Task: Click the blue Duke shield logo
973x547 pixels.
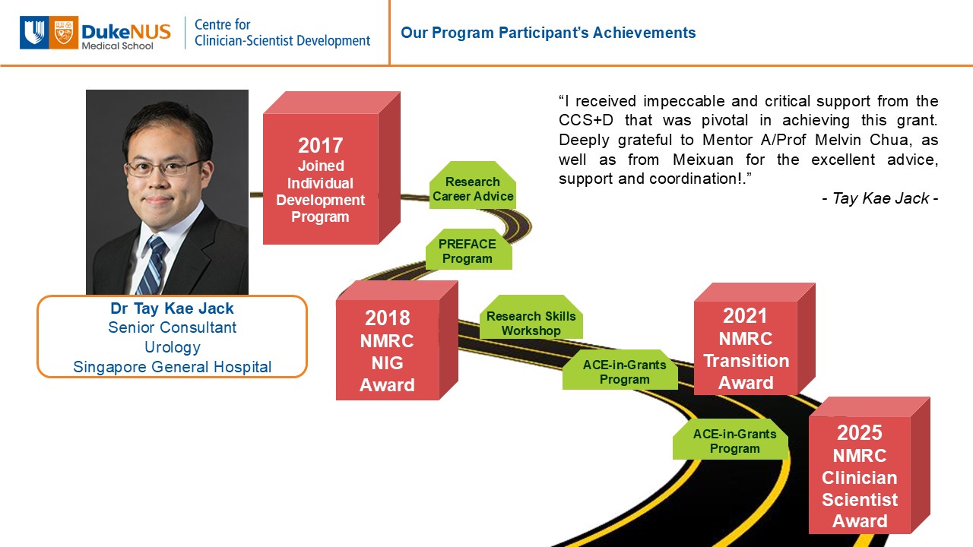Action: click(x=34, y=33)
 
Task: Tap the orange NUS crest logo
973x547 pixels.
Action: click(x=63, y=33)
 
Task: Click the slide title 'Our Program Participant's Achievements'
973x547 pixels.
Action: click(x=548, y=33)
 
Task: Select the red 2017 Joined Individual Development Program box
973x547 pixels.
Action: click(x=331, y=168)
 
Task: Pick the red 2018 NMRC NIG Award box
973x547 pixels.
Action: click(x=397, y=340)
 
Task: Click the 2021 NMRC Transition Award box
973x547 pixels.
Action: click(x=754, y=339)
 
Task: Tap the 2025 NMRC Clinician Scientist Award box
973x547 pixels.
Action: click(x=869, y=465)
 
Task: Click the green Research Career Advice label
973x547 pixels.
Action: click(x=473, y=185)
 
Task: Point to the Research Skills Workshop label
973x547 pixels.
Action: click(x=531, y=317)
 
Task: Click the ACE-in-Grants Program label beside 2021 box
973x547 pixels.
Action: click(x=620, y=369)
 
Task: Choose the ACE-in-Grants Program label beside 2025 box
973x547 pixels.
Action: click(x=731, y=439)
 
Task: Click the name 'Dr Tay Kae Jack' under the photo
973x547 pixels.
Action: click(x=172, y=308)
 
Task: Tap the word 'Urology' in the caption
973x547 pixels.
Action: click(x=173, y=347)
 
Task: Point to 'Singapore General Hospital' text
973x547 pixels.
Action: click(x=173, y=367)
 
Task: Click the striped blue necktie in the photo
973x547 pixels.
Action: click(x=154, y=265)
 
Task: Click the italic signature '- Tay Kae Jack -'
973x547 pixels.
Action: click(x=880, y=198)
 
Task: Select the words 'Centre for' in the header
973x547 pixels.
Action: click(x=223, y=25)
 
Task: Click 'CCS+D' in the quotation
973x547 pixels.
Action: click(x=586, y=120)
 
